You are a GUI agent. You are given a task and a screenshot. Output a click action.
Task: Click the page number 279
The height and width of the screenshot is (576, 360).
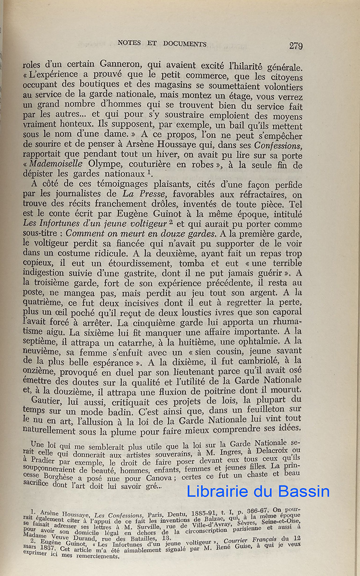(x=295, y=46)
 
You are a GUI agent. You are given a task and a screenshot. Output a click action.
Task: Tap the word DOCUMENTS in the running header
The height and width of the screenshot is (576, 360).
(x=183, y=44)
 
